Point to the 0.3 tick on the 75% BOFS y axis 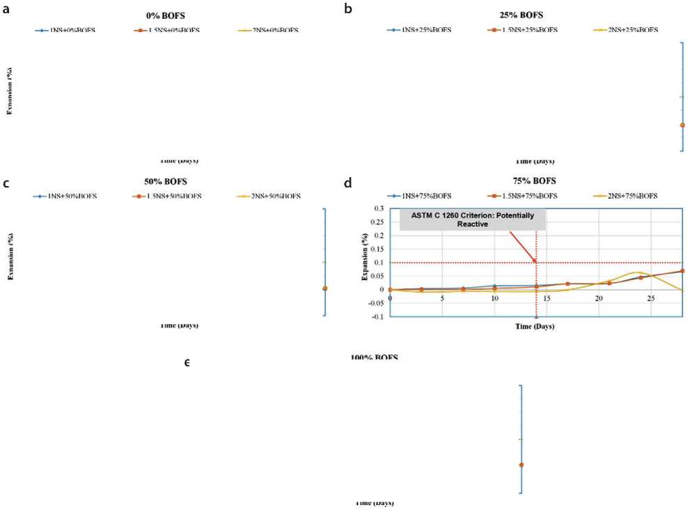(x=379, y=208)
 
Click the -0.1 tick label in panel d (x=376, y=316)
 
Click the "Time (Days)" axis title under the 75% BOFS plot (x=535, y=326)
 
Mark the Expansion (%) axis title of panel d (x=365, y=256)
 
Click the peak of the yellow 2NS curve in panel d (x=637, y=272)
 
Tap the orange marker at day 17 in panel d (x=567, y=284)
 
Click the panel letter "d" (x=348, y=183)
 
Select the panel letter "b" (x=348, y=9)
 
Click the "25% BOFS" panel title (x=517, y=15)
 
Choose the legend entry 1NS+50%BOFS (x=67, y=196)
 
